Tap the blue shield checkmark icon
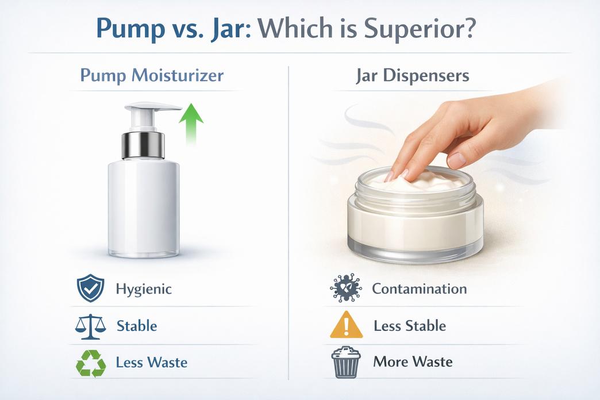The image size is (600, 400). coord(90,289)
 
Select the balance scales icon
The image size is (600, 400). coord(90,326)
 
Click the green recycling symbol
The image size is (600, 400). coord(91,363)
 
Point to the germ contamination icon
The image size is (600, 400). coord(346,289)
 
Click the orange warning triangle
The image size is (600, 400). coord(346,325)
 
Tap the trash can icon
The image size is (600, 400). coord(346,362)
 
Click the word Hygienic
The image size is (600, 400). coord(143,289)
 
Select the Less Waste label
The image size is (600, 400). coord(151,363)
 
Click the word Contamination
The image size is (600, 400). coord(419,289)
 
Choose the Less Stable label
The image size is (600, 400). coord(409,326)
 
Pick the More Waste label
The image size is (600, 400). coord(413,362)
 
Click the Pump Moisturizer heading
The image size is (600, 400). coord(152,75)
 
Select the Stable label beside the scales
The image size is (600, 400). coord(137,326)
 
